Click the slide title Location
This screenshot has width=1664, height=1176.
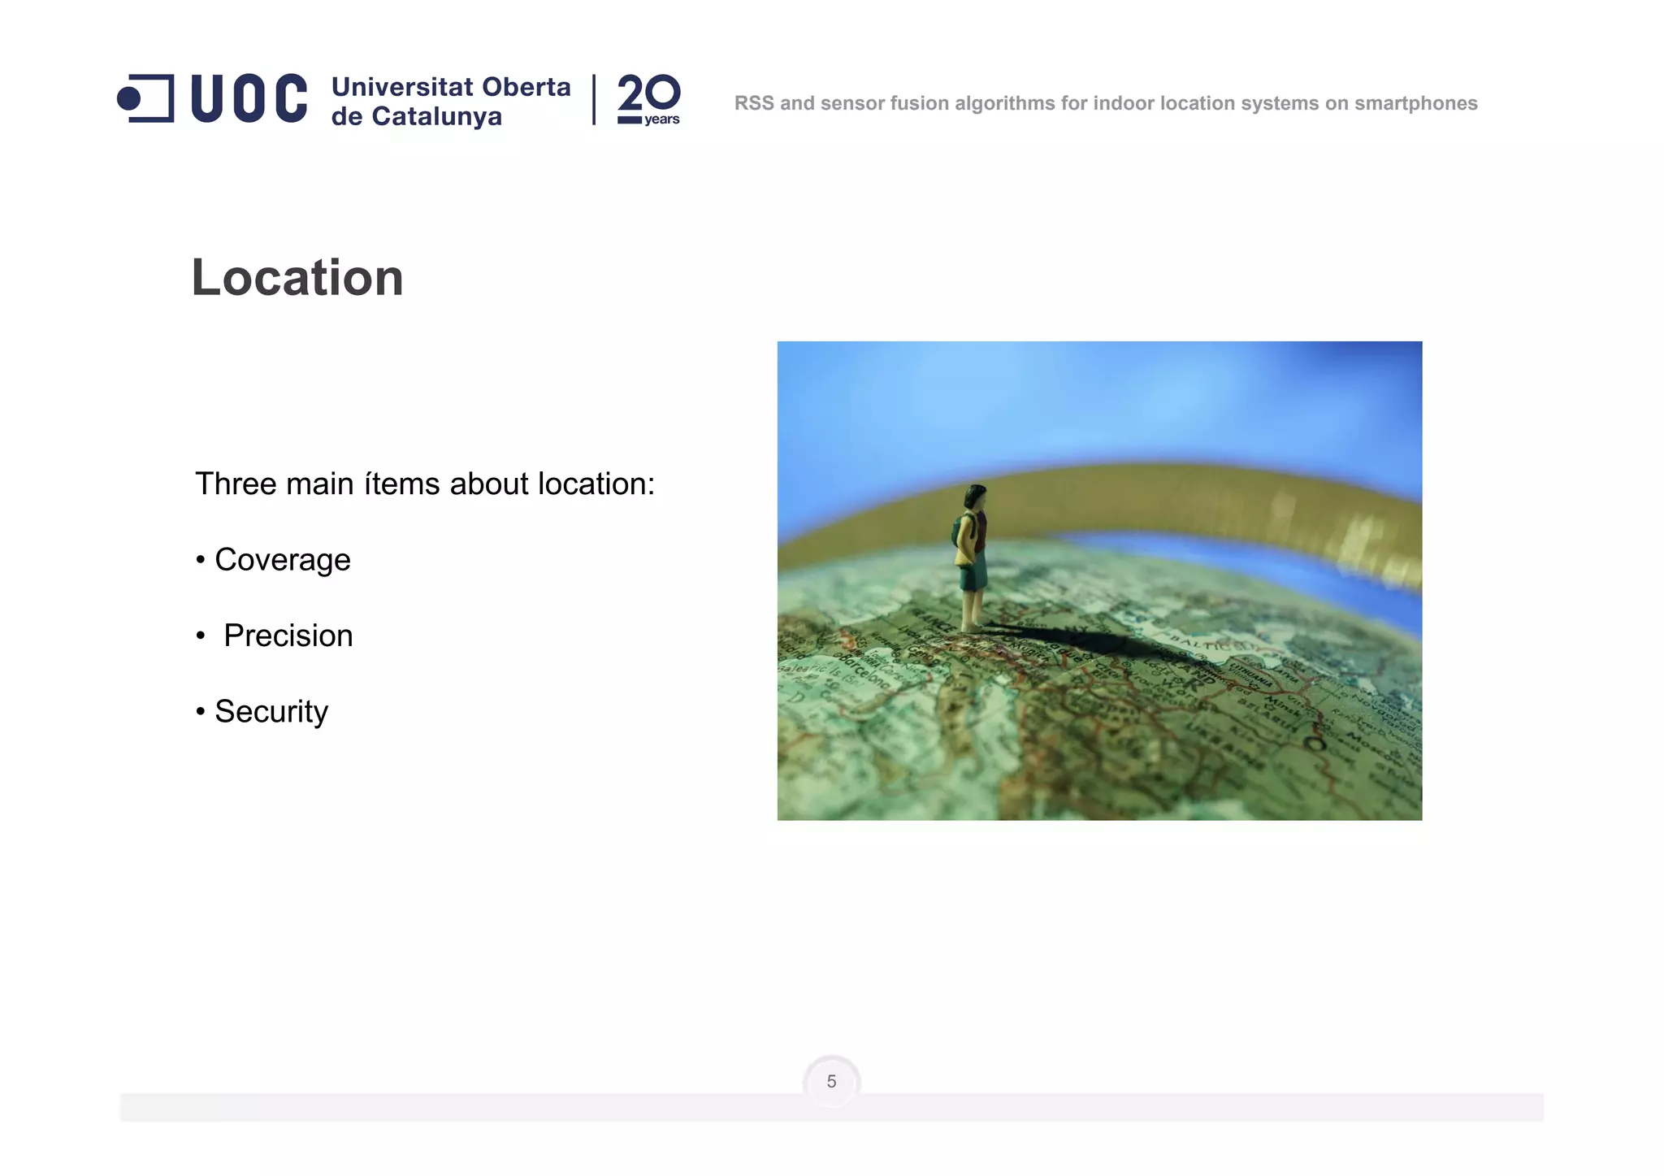point(297,278)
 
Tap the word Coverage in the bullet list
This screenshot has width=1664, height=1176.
point(282,560)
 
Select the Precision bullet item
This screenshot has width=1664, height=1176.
point(288,636)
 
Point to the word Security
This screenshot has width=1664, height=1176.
point(271,711)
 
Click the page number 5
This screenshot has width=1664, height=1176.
point(831,1082)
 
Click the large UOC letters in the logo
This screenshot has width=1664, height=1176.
point(249,99)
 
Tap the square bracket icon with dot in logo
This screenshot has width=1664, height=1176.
point(147,99)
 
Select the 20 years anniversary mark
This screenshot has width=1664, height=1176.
point(648,100)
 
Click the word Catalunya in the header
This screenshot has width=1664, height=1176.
point(436,117)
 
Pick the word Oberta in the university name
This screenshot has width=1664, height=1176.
point(526,86)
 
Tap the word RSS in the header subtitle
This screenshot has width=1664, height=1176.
point(753,103)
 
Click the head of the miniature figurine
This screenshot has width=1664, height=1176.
point(975,495)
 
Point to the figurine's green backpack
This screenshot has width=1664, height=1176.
point(961,532)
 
